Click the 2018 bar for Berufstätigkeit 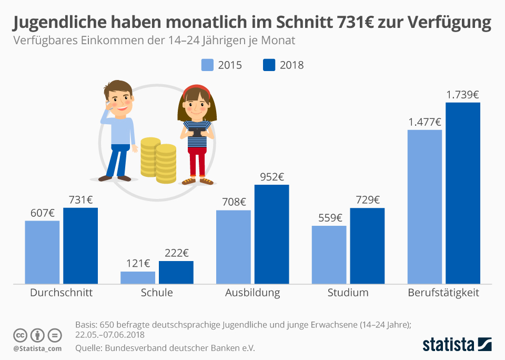click(463, 193)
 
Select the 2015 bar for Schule click(138, 278)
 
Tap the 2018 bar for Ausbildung click(271, 234)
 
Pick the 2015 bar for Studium click(329, 255)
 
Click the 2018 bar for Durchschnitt click(80, 246)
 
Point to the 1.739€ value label click(462, 95)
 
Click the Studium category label click(348, 293)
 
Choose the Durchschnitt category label click(62, 293)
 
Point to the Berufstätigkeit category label click(443, 293)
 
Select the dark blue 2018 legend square click(269, 65)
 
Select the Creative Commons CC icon click(21, 335)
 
